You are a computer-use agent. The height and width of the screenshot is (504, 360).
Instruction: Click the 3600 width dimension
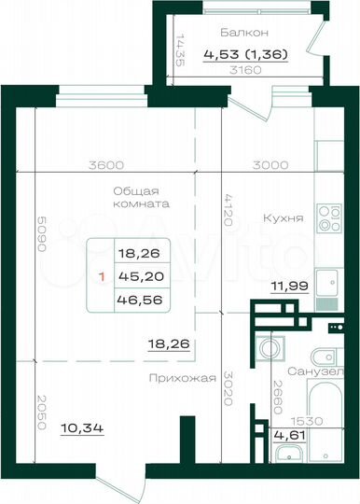[x=107, y=165]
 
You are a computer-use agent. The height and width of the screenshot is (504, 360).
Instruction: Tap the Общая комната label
[x=136, y=195]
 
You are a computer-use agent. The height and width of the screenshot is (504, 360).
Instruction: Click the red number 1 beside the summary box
[x=100, y=276]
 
